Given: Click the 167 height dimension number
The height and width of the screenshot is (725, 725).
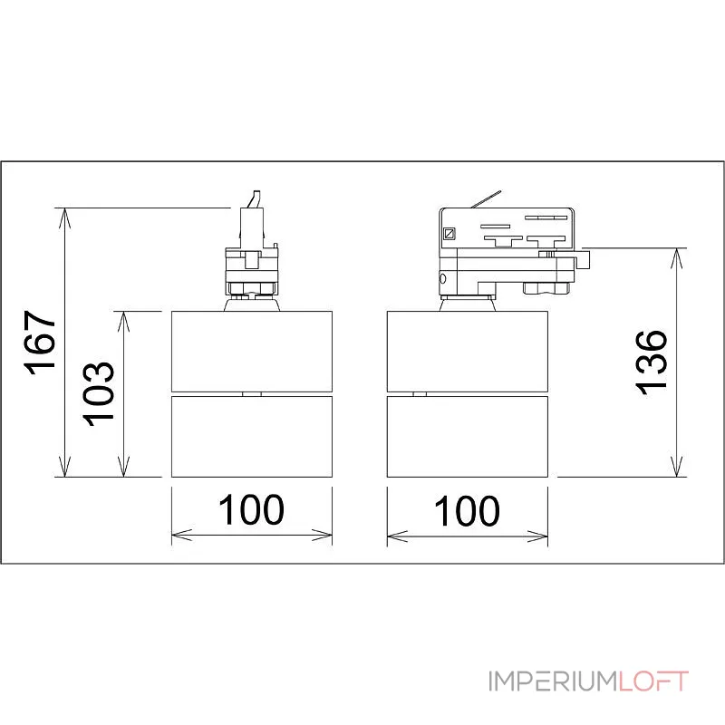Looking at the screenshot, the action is (x=40, y=343).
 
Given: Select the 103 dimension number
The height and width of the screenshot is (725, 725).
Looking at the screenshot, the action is (x=98, y=394).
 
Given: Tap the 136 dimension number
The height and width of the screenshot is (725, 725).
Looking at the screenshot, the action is (x=651, y=362).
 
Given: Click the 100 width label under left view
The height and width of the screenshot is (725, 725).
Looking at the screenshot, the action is (x=251, y=509).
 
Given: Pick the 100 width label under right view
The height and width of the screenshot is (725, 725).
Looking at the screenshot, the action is (x=467, y=510).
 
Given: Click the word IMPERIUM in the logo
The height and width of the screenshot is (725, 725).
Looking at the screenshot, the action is (x=554, y=681).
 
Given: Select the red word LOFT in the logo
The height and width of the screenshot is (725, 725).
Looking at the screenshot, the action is (x=653, y=681).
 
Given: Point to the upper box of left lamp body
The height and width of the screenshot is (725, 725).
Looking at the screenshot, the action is (x=252, y=352).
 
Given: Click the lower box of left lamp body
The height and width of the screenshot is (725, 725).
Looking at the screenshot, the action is (x=252, y=437).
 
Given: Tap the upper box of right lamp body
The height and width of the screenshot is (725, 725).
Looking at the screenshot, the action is (x=468, y=352).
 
